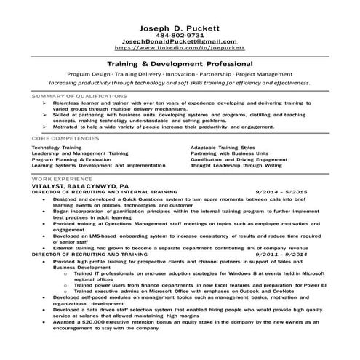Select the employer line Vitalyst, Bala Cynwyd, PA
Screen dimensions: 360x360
click(x=80, y=186)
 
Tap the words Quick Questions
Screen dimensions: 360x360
click(x=143, y=200)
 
